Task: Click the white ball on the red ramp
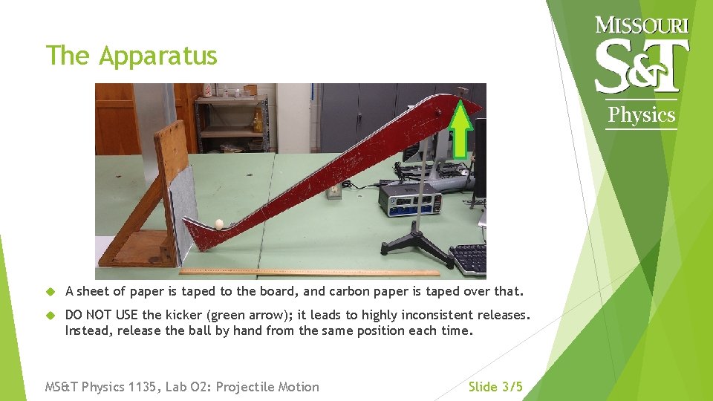[x=219, y=223]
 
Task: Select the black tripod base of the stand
[x=417, y=249]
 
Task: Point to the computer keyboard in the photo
[x=469, y=258]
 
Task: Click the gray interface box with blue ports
[x=408, y=199]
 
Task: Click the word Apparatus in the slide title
[x=158, y=56]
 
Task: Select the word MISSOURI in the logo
[x=642, y=25]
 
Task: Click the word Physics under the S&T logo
[x=642, y=115]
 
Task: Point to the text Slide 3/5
[x=495, y=387]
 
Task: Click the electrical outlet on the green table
[x=334, y=191]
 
